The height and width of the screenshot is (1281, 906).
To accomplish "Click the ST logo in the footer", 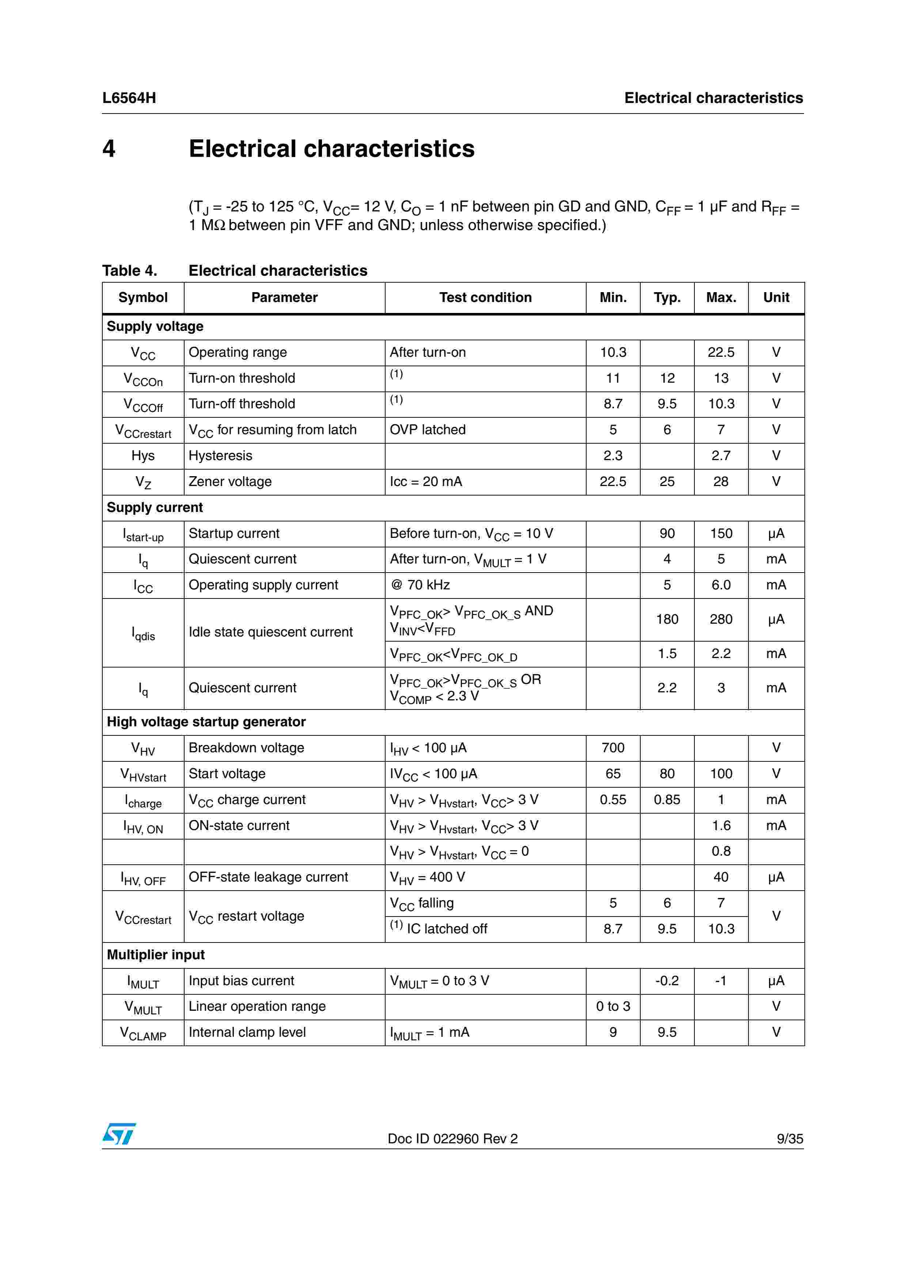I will (119, 1134).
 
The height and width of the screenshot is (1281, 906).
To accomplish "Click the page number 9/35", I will (789, 1139).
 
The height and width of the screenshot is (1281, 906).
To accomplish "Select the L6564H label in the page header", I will (129, 98).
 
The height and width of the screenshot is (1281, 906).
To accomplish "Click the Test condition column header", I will (485, 297).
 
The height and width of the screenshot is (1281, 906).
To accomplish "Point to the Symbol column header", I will (143, 297).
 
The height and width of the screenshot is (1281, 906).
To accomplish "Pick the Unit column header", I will (776, 297).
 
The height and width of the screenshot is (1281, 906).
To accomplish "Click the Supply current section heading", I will (155, 507).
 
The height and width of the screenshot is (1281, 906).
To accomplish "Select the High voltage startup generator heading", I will (206, 722).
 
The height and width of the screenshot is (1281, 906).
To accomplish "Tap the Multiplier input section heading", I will (156, 955).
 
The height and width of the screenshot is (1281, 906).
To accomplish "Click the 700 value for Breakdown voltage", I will (613, 747).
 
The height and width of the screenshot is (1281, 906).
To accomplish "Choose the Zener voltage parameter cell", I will (230, 482).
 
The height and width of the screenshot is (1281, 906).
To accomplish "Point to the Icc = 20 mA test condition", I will (425, 482).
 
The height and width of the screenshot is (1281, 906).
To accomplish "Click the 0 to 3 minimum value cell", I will (613, 1006).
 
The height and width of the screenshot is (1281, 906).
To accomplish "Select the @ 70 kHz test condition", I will (420, 585).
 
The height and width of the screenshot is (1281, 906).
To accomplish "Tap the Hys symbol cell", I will (143, 456).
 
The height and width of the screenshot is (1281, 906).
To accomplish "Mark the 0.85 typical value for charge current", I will (667, 799).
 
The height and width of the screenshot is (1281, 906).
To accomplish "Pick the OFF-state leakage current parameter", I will (268, 877).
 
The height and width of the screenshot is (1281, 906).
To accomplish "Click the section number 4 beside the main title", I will (109, 148).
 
